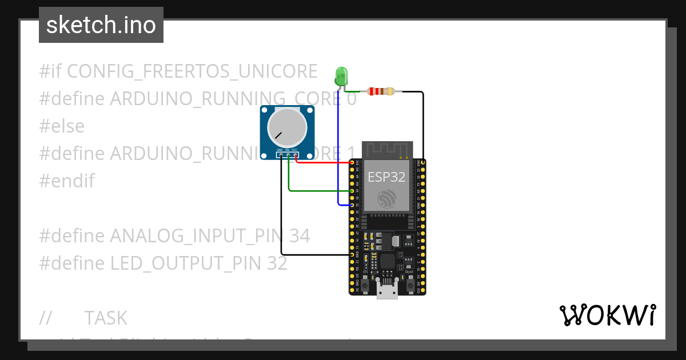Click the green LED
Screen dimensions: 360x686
(341, 75)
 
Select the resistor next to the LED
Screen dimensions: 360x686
(381, 91)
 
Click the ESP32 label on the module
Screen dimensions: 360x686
(386, 177)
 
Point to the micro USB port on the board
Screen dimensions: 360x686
(387, 290)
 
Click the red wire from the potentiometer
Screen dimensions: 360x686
(326, 162)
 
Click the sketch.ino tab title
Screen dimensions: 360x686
(101, 25)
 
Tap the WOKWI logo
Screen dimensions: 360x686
(607, 315)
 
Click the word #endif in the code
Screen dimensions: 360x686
(67, 181)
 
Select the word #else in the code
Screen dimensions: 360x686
(62, 126)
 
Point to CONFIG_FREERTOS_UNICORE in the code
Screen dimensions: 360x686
(192, 71)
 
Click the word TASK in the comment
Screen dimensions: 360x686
(106, 318)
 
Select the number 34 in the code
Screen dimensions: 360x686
(299, 236)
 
